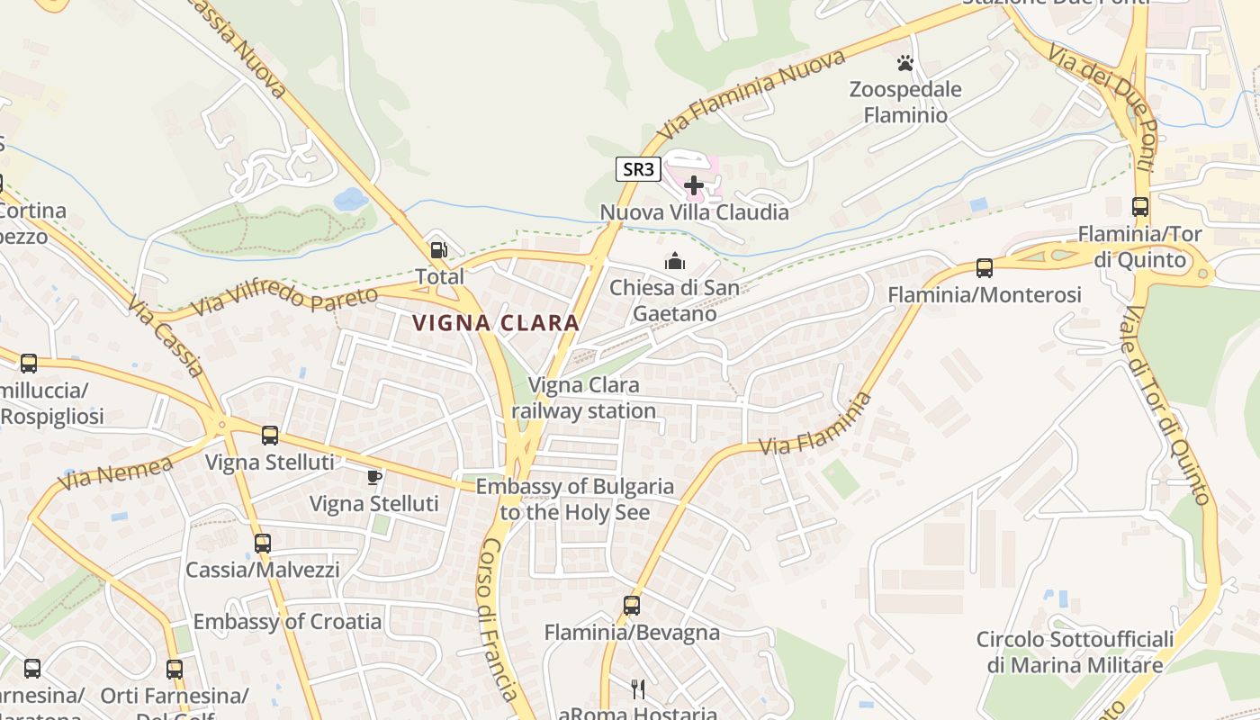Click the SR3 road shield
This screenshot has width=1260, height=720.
click(x=638, y=168)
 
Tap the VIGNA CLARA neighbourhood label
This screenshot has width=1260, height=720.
click(x=495, y=323)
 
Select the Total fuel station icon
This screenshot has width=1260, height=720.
click(x=439, y=251)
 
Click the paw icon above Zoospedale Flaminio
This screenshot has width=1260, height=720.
click(x=904, y=63)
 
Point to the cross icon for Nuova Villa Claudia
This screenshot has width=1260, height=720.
click(x=694, y=185)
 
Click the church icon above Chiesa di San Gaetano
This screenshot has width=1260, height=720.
click(x=674, y=261)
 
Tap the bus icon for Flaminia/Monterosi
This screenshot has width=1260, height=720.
click(x=984, y=267)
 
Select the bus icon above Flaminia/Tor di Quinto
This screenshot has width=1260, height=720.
click(x=1140, y=206)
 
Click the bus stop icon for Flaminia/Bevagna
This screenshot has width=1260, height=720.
click(x=632, y=605)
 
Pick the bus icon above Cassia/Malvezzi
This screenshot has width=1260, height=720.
click(x=262, y=543)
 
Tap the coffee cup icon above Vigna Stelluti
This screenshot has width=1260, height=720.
click(x=374, y=476)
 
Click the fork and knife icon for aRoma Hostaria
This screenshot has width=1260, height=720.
click(x=638, y=689)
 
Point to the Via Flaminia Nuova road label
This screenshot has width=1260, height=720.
click(x=751, y=94)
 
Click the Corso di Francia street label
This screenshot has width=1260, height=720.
click(x=498, y=620)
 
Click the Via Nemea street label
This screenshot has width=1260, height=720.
click(x=116, y=472)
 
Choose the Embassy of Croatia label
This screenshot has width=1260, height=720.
click(x=287, y=622)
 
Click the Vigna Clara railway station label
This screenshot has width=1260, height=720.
click(x=584, y=398)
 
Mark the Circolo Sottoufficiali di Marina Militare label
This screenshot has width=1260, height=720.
click(x=1075, y=652)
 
